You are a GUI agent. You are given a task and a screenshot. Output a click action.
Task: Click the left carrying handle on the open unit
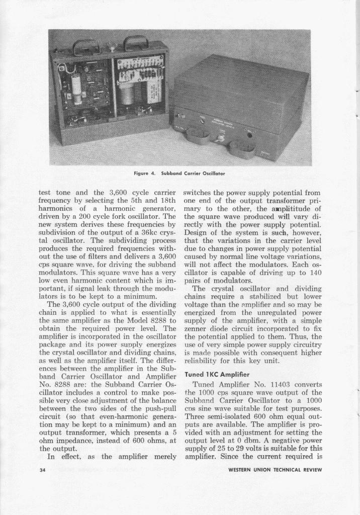coord(86,47)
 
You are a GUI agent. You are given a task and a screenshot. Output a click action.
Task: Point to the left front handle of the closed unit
coord(197,135)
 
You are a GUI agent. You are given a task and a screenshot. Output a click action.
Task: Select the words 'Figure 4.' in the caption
coord(145,173)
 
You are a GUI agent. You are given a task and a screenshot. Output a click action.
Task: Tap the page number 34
coord(43,470)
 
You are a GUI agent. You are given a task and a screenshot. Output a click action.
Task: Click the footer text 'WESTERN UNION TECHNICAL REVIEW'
coord(274,470)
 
